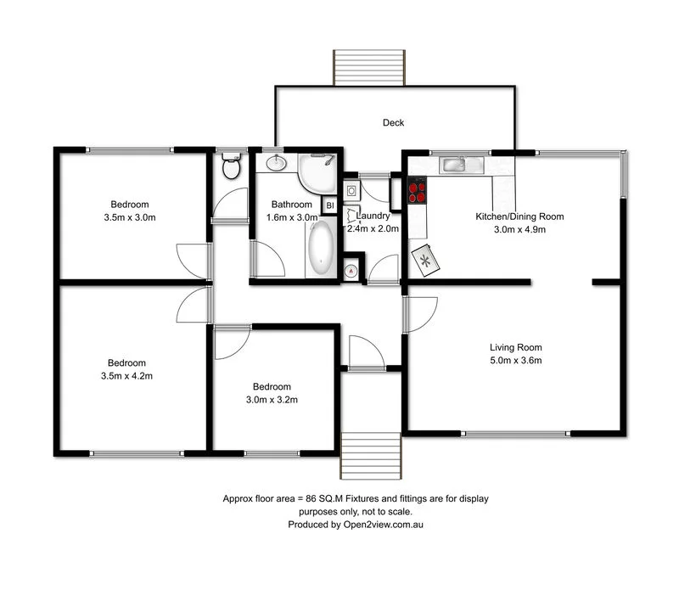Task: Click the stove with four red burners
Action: coord(417,190)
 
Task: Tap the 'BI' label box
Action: coord(330,205)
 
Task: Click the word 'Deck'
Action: coord(393,123)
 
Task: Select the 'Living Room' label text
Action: coord(515,347)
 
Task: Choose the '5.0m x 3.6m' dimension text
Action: coord(515,361)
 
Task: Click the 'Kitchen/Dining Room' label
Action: coord(519,216)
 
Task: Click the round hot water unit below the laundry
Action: coord(352,270)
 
